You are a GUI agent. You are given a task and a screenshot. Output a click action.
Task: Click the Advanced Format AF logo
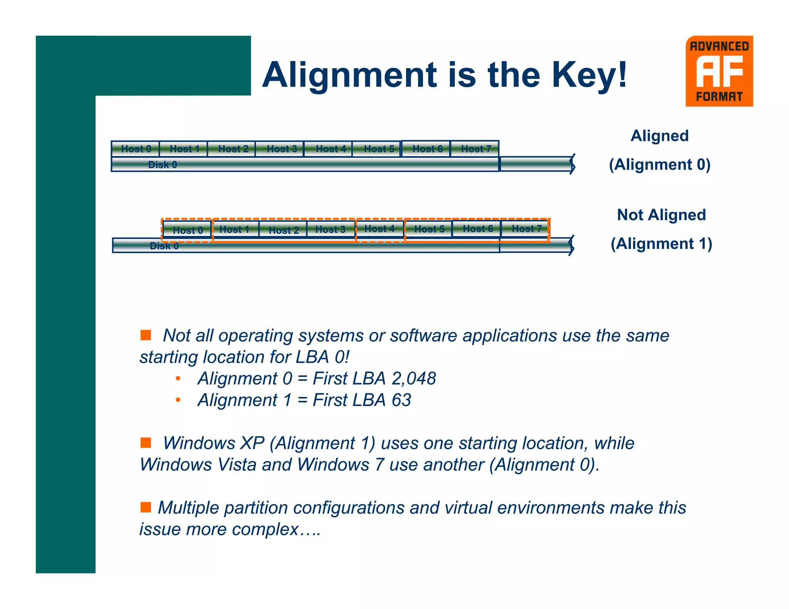click(x=719, y=71)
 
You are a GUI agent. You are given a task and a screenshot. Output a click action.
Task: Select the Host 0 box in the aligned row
click(x=136, y=149)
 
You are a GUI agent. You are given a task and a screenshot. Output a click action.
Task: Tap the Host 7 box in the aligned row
click(x=475, y=149)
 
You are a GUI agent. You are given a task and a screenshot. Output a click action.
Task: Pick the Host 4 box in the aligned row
click(x=330, y=149)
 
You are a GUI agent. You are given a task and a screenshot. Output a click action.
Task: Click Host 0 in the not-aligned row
click(x=187, y=230)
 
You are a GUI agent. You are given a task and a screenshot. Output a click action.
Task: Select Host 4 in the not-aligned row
click(x=379, y=229)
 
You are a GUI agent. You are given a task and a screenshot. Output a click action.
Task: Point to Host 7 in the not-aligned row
click(x=526, y=229)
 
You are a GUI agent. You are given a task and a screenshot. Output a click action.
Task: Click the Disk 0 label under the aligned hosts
click(x=163, y=165)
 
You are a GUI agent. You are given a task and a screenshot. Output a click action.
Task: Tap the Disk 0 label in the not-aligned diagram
click(x=164, y=246)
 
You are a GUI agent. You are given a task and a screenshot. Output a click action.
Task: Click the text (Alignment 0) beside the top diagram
click(x=660, y=165)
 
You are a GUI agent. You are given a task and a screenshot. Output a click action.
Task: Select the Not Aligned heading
click(x=661, y=215)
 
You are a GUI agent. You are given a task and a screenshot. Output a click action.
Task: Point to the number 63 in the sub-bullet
click(x=401, y=400)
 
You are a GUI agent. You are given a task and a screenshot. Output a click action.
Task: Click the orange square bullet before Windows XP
click(x=146, y=442)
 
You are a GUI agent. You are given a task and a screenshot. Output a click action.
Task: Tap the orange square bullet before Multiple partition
click(x=146, y=507)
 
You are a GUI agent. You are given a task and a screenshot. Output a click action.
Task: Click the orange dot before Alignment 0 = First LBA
click(x=178, y=379)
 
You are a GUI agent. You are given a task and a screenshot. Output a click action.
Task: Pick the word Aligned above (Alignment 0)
click(x=659, y=136)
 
